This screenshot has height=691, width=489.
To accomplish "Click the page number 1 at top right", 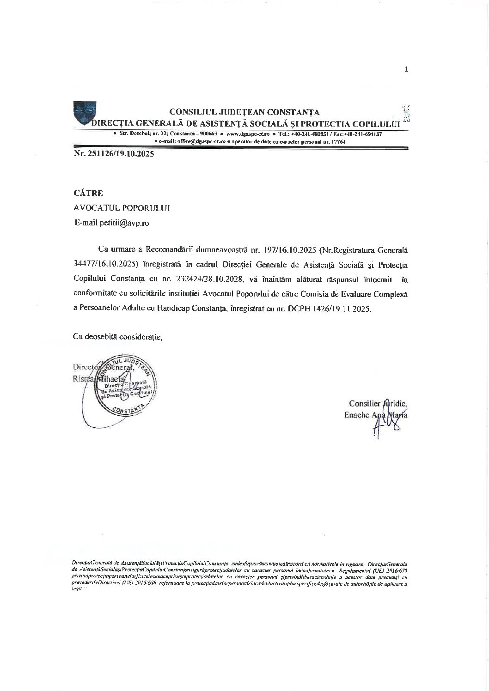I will pyautogui.click(x=406, y=69).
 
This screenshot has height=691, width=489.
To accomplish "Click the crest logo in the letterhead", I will pyautogui.click(x=85, y=112).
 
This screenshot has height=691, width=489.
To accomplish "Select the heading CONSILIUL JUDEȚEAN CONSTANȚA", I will pyautogui.click(x=245, y=112).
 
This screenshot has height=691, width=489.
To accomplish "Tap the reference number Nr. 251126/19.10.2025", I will pyautogui.click(x=114, y=154).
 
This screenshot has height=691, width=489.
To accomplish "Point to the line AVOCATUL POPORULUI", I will pyautogui.click(x=122, y=208).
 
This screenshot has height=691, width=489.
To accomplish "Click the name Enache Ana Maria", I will pyautogui.click(x=376, y=415).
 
